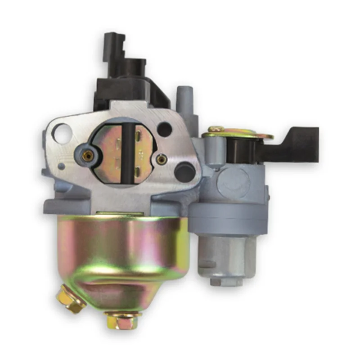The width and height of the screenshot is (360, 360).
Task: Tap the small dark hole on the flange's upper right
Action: pyautogui.click(x=165, y=130)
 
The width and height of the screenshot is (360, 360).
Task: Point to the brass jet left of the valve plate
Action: pyautogui.click(x=88, y=155)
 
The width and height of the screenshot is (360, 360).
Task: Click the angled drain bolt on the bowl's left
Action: pyautogui.click(x=71, y=301)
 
